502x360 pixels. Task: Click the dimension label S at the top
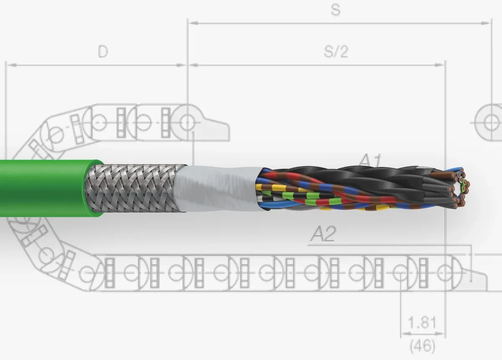pyautogui.click(x=336, y=10)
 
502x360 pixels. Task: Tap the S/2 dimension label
pyautogui.click(x=336, y=51)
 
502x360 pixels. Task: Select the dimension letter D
pyautogui.click(x=103, y=51)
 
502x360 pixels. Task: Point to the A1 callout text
pyautogui.click(x=370, y=160)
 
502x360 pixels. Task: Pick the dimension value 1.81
pyautogui.click(x=422, y=322)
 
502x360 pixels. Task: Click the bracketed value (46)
pyautogui.click(x=422, y=346)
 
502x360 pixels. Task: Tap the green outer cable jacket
pyautogui.click(x=45, y=188)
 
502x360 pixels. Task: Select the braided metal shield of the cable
pyautogui.click(x=134, y=188)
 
